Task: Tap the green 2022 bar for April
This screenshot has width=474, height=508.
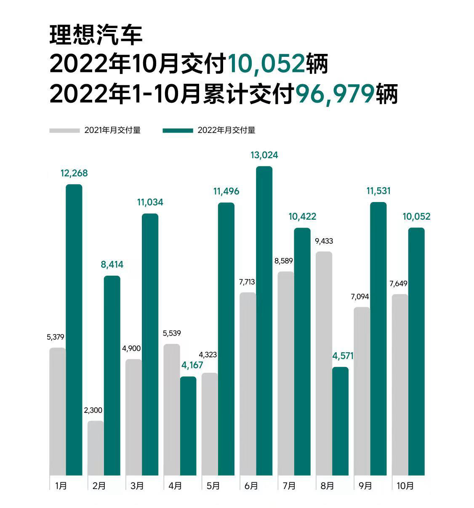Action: [188, 426]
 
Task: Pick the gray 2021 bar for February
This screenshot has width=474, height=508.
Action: [96, 448]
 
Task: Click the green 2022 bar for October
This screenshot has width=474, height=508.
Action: [416, 351]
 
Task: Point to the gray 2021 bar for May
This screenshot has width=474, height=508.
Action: [210, 424]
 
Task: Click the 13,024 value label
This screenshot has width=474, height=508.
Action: [264, 155]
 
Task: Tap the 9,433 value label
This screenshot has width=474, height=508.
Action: [324, 241]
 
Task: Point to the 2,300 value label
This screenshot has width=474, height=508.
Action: [93, 410]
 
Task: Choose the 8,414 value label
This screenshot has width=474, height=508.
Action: [112, 265]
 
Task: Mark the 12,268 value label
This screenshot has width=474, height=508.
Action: [74, 173]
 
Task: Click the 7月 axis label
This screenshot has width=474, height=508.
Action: [289, 486]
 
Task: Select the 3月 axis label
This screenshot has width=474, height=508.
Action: [137, 486]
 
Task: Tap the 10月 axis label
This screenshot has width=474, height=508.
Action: [405, 486]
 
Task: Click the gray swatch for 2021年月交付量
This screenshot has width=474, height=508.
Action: [64, 130]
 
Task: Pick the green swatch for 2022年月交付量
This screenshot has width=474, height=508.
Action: [178, 130]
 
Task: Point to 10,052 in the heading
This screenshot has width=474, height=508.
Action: [266, 64]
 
